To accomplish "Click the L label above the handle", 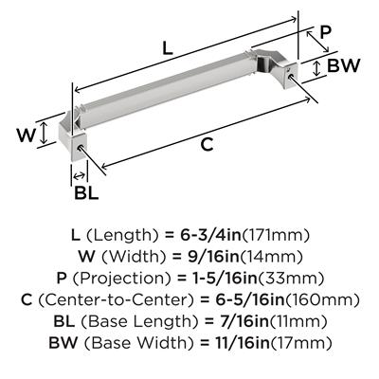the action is point(167,48).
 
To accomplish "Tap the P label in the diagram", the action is point(325,32).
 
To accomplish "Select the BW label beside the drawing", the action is point(343,65).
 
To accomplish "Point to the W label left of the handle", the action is point(27,135).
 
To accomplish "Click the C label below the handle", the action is point(207,145).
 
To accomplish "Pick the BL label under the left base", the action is point(86,192).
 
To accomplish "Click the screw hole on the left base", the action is point(81,147).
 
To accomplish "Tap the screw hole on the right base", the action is point(292,74).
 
